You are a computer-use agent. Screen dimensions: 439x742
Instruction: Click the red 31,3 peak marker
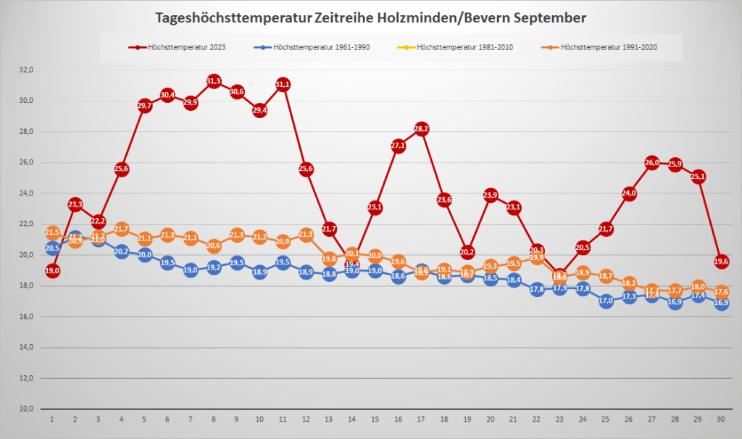point(214,81)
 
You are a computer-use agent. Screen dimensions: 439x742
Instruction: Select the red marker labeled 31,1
point(283,85)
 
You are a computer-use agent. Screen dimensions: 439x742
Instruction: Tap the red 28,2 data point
point(421,129)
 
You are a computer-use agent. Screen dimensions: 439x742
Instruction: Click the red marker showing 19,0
point(52,270)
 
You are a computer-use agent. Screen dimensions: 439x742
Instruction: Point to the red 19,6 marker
point(721,262)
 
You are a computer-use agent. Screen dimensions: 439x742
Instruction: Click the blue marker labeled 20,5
point(52,248)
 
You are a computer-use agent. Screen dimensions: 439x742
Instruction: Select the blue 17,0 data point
point(606,301)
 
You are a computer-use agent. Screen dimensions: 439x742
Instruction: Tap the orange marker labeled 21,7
point(122,229)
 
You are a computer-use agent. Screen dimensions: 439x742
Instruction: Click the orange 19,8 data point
point(329,258)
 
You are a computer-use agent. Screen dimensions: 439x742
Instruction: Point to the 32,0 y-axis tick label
point(27,70)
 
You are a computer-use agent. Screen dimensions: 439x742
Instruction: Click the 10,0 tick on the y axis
point(27,409)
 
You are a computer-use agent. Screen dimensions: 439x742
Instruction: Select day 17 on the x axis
point(421,419)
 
